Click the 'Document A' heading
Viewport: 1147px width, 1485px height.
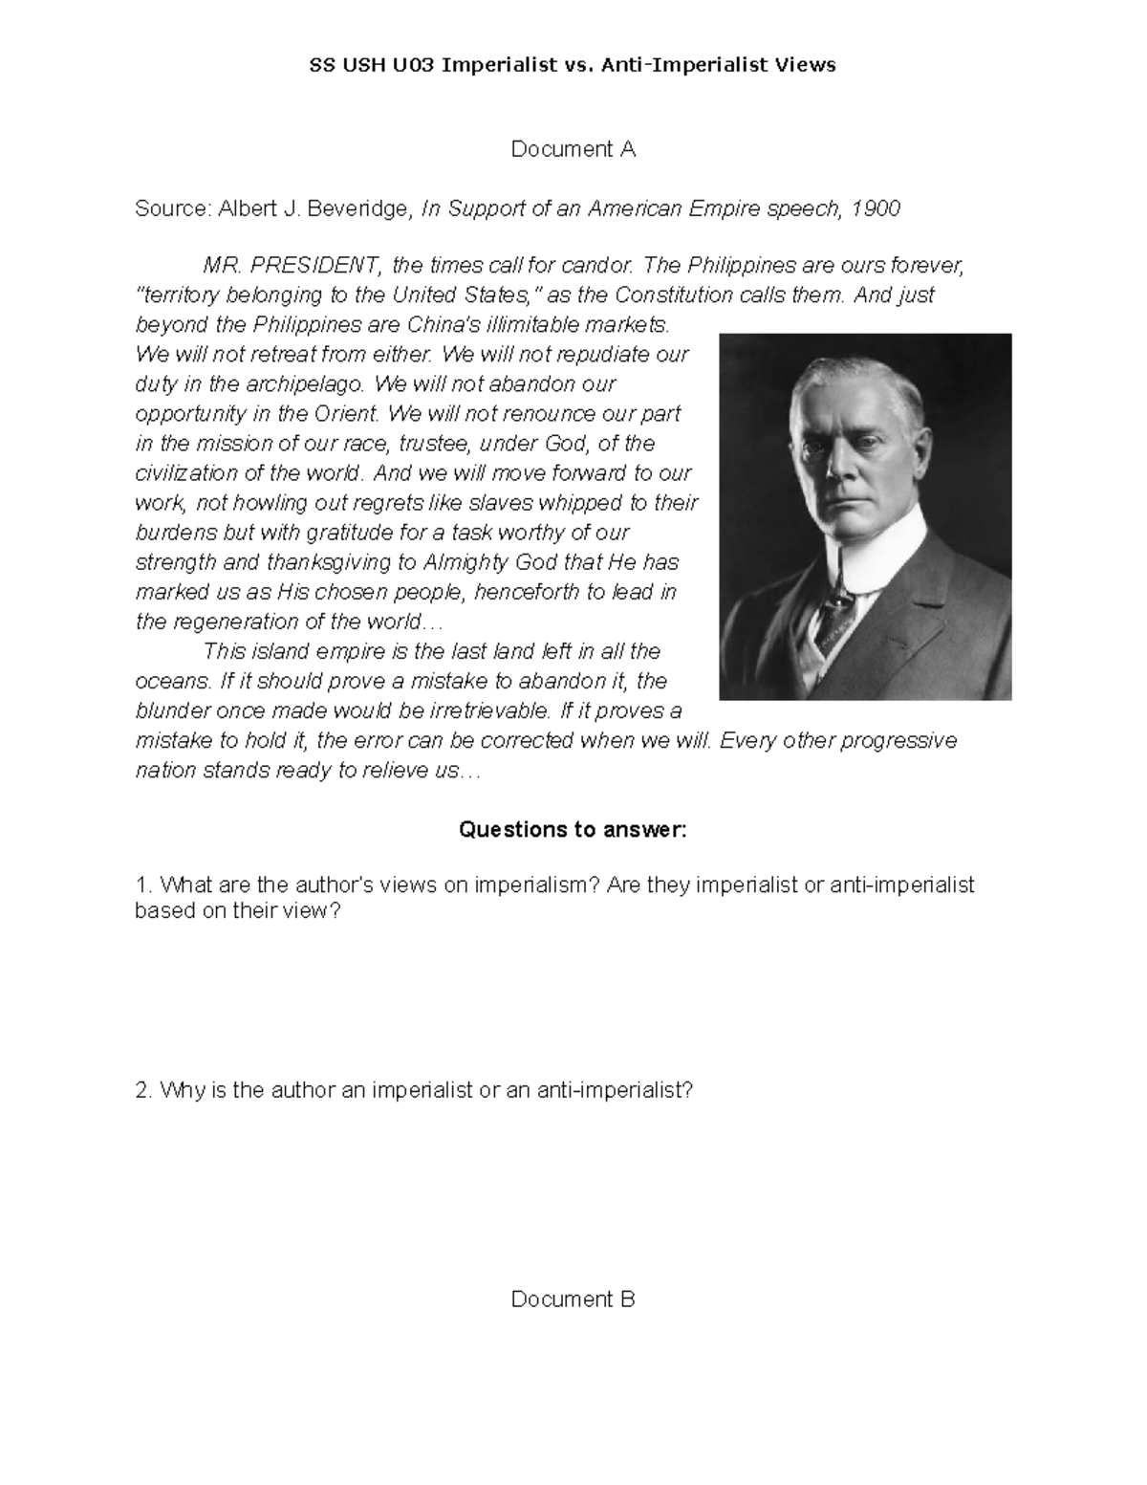pyautogui.click(x=573, y=149)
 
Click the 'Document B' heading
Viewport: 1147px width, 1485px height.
pyautogui.click(x=573, y=1299)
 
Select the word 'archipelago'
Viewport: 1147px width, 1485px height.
pyautogui.click(x=310, y=383)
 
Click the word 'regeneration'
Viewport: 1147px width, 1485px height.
pyautogui.click(x=227, y=622)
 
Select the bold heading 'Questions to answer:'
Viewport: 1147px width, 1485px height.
pyautogui.click(x=573, y=829)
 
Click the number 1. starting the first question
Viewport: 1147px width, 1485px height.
pyautogui.click(x=143, y=884)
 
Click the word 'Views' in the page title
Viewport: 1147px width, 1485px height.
pyautogui.click(x=808, y=65)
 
